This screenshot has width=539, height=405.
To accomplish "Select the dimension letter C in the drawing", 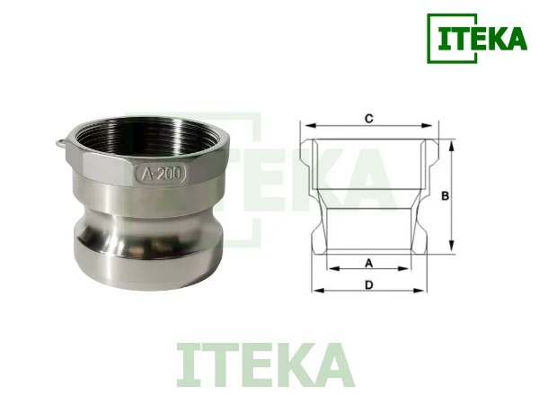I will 369,118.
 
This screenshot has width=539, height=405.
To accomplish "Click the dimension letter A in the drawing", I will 368,262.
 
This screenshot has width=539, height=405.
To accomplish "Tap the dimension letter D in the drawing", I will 369,284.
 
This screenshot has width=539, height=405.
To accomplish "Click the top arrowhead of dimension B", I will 453,142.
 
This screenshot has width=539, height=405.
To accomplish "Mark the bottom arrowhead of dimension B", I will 453,253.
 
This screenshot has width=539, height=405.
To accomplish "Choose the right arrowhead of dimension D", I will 424,291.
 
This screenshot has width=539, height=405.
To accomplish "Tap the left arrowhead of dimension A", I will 330,268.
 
